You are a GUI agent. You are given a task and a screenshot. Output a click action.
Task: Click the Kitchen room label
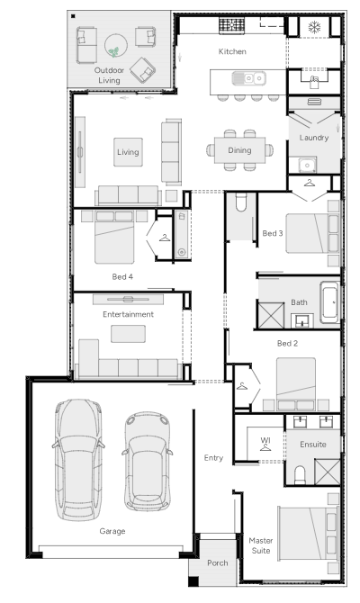click(232, 51)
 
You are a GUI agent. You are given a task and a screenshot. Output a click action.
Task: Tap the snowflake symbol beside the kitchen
click(315, 27)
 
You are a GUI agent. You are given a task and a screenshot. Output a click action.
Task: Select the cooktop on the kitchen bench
click(231, 25)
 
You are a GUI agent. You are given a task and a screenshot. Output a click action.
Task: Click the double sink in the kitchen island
click(248, 78)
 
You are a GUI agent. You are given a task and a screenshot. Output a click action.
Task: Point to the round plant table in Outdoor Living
click(116, 45)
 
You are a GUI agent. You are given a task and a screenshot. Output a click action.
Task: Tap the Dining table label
click(239, 150)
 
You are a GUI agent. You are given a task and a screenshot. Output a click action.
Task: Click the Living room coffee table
click(128, 152)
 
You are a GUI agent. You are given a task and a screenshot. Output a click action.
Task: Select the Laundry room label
click(314, 138)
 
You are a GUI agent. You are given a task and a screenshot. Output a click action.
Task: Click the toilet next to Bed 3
click(241, 202)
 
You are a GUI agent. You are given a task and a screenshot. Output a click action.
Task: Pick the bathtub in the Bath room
click(329, 301)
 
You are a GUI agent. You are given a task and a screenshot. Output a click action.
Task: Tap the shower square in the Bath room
click(271, 316)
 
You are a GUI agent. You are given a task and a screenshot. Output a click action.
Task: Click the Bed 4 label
click(122, 276)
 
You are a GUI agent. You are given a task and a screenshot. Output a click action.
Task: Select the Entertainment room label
click(128, 314)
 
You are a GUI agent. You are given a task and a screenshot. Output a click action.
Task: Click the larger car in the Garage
click(78, 460)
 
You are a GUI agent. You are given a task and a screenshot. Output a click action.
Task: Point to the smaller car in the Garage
click(148, 462)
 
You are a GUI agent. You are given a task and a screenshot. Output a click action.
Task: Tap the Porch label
click(217, 563)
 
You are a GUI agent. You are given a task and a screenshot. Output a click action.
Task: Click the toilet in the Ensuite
click(300, 475)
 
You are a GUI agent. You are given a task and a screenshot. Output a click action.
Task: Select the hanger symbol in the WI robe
click(265, 447)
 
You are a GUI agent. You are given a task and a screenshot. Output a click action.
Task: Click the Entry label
click(213, 458)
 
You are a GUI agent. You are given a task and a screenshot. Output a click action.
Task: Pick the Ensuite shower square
click(328, 472)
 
